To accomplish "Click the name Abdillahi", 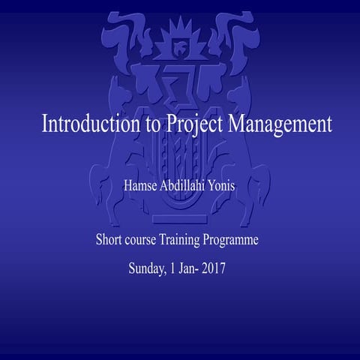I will pyautogui.click(x=181, y=184).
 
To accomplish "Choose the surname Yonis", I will pyautogui.click(x=226, y=184).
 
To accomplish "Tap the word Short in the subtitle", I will pyautogui.click(x=109, y=241).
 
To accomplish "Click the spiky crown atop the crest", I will pyautogui.click(x=180, y=34).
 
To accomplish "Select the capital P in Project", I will pyautogui.click(x=168, y=124).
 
